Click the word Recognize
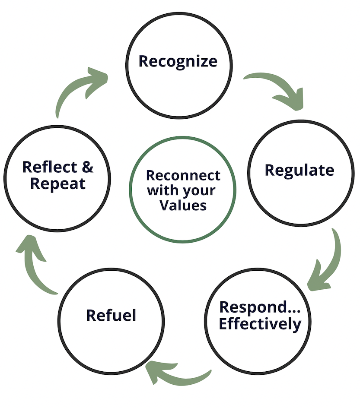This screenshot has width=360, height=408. (178, 61)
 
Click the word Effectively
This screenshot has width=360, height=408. (260, 323)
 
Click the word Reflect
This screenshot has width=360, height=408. (50, 167)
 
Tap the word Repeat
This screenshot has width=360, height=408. (58, 183)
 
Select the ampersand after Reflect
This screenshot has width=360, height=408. (87, 167)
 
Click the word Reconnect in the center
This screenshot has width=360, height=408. (183, 176)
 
